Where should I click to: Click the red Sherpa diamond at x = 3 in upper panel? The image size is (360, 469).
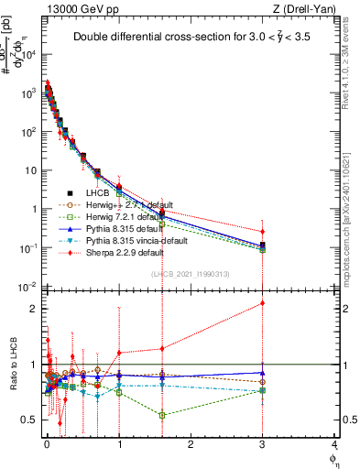click(x=263, y=232)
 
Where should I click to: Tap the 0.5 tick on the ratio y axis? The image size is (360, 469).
click(x=29, y=420)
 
